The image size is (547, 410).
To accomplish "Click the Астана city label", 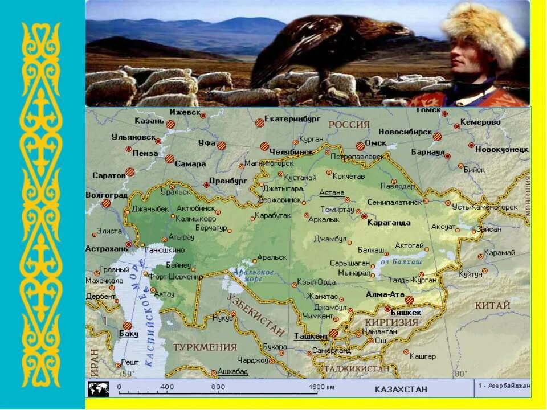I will (x=332, y=192).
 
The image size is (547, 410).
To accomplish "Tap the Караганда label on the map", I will (x=389, y=222).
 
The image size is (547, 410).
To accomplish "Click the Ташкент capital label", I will (x=311, y=336).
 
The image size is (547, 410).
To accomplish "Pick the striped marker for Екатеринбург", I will (x=260, y=122).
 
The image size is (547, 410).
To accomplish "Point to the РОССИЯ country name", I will (x=348, y=124).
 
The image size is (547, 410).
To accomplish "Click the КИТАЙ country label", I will (x=492, y=306).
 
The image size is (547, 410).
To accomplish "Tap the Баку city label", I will (x=129, y=334).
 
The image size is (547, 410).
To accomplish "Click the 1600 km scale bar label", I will (x=321, y=387).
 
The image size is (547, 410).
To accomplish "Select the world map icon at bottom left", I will (x=98, y=389).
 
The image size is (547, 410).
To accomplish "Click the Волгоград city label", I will (x=107, y=194).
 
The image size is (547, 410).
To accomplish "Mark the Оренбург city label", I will (x=228, y=181).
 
